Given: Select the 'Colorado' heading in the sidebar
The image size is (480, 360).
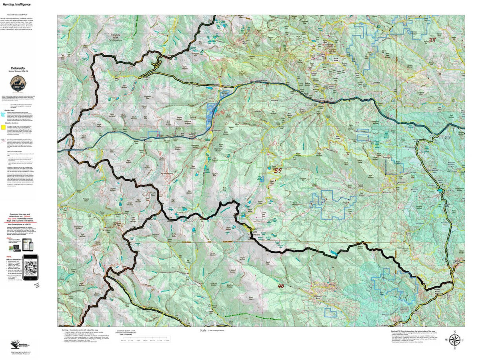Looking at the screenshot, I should pyautogui.click(x=18, y=68).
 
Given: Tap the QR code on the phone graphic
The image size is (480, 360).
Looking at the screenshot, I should pyautogui.click(x=30, y=265).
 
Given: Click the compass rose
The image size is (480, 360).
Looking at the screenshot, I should pyautogui.click(x=454, y=340).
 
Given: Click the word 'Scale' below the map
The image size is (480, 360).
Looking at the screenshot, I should pyautogui.click(x=203, y=330).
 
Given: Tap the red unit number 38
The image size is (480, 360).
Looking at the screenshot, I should pyautogui.click(x=432, y=40).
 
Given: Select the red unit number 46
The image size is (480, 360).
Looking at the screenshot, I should pyautogui.click(x=281, y=286).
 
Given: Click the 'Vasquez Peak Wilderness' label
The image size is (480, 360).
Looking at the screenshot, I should pyautogui.click(x=118, y=38).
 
